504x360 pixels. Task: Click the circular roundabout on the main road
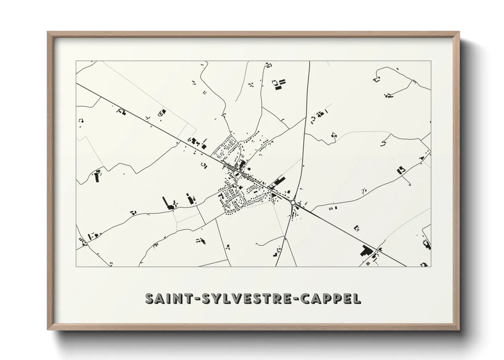click(293, 202)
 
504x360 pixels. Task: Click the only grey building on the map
click(367, 263)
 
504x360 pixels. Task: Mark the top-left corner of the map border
click(76, 61)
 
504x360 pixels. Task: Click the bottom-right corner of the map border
click(431, 267)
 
